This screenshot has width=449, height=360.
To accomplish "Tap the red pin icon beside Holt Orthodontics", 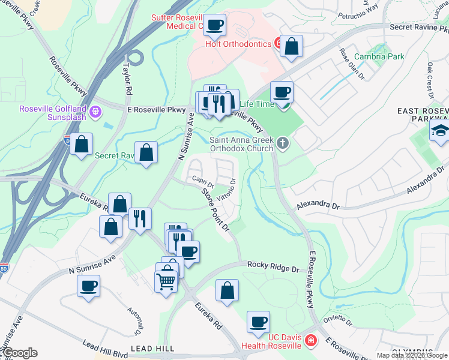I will (279, 43).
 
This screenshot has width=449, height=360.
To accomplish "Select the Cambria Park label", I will (379, 56).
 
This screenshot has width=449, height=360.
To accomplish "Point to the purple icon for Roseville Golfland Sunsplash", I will (95, 111).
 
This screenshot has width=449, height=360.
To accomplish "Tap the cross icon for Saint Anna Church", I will (282, 143).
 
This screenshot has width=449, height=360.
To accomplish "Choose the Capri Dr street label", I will (203, 180).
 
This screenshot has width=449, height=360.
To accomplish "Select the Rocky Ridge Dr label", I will (273, 267).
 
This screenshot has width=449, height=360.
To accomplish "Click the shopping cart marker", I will (166, 280).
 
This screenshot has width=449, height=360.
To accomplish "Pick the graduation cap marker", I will (440, 130).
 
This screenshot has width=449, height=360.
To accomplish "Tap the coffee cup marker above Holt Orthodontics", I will (214, 26).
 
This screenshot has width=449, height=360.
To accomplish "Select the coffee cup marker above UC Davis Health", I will (258, 322).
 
